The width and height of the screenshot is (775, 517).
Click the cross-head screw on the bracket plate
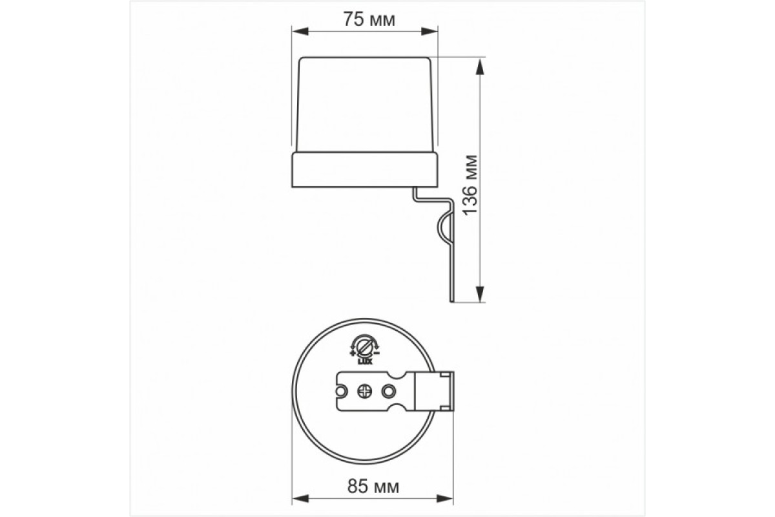point(364,391)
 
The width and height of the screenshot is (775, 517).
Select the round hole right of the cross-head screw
point(389,391)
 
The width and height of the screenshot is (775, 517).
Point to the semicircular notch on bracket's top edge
point(394,374)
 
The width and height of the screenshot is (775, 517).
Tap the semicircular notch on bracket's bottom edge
point(394,409)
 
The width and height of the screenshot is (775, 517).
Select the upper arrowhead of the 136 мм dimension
point(480,65)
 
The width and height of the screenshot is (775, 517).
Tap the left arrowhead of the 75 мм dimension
point(298,30)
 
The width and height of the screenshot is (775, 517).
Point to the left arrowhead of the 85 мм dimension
point(298,499)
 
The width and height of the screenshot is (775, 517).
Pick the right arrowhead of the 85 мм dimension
point(447,499)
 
